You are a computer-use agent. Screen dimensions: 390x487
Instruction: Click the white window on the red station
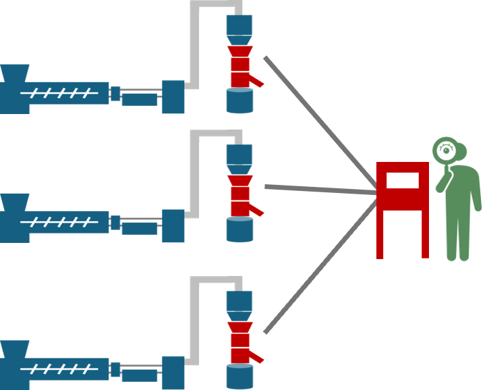(402, 180)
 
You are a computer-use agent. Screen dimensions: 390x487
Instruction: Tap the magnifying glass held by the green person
(446, 150)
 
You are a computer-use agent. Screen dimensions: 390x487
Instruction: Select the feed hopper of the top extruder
(14, 73)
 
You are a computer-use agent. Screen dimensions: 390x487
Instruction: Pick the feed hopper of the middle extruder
(14, 202)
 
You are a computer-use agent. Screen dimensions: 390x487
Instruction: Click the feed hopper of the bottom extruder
(14, 349)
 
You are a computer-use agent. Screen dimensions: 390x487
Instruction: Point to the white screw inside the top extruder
(58, 92)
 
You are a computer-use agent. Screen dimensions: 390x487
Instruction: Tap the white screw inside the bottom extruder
(58, 369)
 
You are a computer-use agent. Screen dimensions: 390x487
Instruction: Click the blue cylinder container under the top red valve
(239, 101)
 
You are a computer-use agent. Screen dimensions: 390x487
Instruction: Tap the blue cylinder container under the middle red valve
(239, 230)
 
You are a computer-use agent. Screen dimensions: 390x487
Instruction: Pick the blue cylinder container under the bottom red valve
(239, 377)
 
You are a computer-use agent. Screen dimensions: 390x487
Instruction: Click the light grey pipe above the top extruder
(195, 40)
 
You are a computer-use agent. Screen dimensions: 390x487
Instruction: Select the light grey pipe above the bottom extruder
(195, 317)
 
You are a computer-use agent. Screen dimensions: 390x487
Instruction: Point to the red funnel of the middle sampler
(239, 180)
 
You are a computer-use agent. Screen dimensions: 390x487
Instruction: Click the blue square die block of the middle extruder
(173, 225)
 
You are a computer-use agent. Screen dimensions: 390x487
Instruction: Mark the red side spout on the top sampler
(256, 82)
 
